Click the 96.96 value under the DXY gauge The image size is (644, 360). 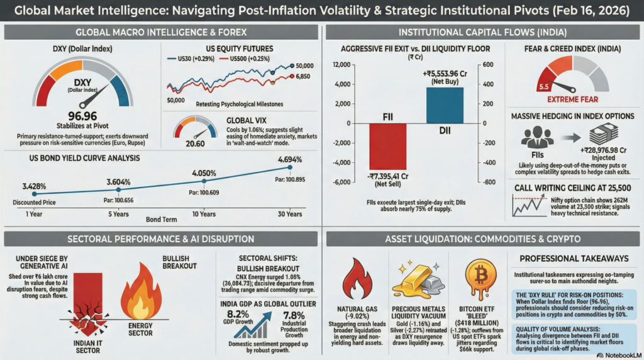pos(82,117)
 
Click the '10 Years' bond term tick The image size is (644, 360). pos(203,214)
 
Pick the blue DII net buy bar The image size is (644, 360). pos(445,105)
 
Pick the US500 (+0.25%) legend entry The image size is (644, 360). pos(246,58)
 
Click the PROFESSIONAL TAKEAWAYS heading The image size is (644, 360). pos(573,258)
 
